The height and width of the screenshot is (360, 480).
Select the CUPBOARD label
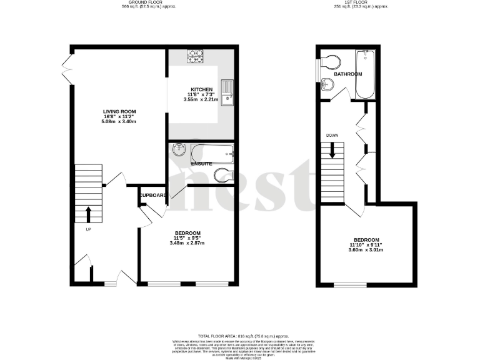[x=153, y=195]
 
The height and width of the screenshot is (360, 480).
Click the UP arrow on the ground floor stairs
[x=87, y=214]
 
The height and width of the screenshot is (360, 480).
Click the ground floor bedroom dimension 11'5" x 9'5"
[x=187, y=238]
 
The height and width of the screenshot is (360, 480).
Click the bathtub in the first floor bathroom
[x=363, y=75]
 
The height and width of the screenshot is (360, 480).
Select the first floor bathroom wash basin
[x=327, y=86]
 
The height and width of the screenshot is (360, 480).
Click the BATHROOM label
[x=347, y=74]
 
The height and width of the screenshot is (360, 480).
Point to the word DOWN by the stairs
[x=332, y=134]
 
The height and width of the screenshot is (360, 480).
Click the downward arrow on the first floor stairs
[x=332, y=150]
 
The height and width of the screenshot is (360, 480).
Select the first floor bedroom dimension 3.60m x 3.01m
[x=366, y=249]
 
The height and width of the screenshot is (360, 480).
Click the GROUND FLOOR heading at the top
[x=132, y=2]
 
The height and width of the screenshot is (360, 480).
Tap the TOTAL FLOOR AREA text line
[x=240, y=336]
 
